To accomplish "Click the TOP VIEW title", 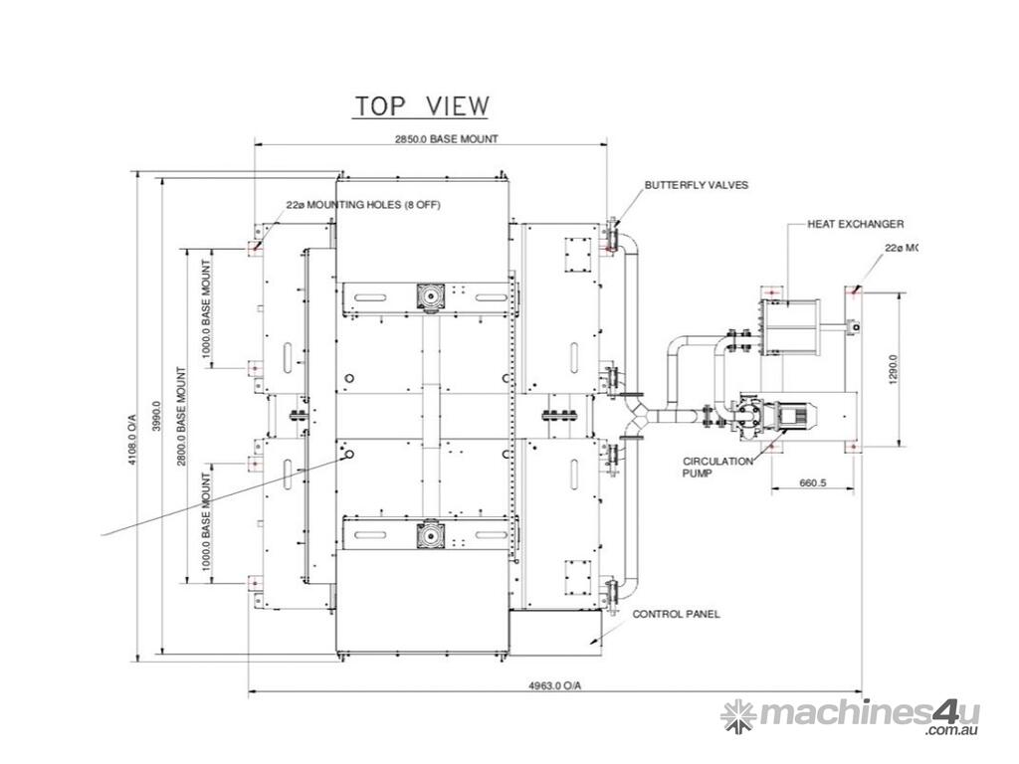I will tap(422, 105).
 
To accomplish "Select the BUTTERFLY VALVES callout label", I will tap(696, 185).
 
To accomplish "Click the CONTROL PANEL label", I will tap(676, 615).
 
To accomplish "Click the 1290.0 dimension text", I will tap(892, 370).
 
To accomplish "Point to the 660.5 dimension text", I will tap(813, 483).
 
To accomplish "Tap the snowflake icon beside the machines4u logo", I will tap(738, 714).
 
